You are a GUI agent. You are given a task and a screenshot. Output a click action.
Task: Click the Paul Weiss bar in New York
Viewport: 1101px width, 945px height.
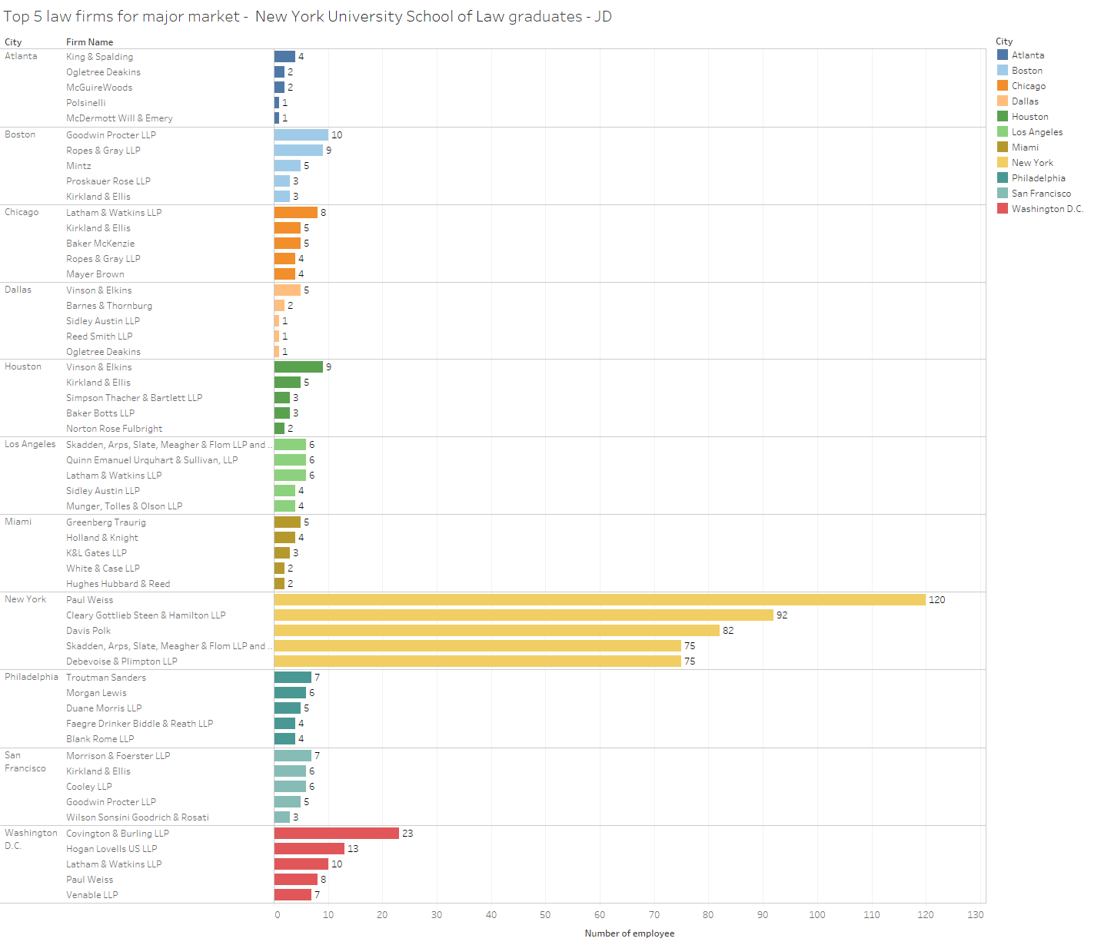[600, 600]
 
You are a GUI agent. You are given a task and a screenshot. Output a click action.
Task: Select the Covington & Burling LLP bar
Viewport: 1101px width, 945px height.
[337, 834]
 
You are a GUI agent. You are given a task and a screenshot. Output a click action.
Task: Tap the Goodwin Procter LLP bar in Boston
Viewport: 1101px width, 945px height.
[301, 135]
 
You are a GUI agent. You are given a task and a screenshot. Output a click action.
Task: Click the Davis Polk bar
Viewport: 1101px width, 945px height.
[497, 631]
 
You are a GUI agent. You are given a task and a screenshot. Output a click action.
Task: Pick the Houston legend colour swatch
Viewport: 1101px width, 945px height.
[1003, 117]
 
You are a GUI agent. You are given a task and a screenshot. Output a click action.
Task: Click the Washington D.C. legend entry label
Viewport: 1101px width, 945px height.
[1047, 209]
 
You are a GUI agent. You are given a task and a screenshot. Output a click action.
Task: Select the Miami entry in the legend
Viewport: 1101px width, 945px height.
[1025, 148]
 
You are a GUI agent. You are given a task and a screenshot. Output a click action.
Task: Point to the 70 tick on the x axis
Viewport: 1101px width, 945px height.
[654, 915]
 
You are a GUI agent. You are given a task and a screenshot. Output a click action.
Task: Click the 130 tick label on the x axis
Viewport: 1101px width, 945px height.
[976, 915]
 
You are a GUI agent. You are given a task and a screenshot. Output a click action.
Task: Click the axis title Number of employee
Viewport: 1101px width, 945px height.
[629, 933]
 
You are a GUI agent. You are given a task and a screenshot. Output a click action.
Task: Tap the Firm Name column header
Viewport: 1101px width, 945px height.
[89, 42]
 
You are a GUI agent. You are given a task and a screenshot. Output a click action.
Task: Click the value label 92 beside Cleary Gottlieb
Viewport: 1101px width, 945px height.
[782, 615]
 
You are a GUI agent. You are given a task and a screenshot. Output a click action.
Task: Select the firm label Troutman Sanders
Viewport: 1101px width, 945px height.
[106, 678]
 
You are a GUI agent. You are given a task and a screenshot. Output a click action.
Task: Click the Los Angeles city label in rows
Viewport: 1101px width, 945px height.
[30, 444]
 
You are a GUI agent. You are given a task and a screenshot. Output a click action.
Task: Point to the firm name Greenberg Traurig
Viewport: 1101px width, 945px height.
[106, 522]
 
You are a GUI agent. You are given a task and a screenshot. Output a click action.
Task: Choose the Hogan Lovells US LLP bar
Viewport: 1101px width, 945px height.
[309, 849]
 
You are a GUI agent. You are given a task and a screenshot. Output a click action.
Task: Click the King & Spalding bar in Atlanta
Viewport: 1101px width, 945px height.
[284, 57]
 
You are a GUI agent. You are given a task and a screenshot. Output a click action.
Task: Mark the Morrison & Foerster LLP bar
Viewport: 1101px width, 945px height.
[293, 756]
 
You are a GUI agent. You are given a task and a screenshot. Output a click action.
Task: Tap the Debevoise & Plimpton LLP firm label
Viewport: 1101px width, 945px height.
[121, 661]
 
